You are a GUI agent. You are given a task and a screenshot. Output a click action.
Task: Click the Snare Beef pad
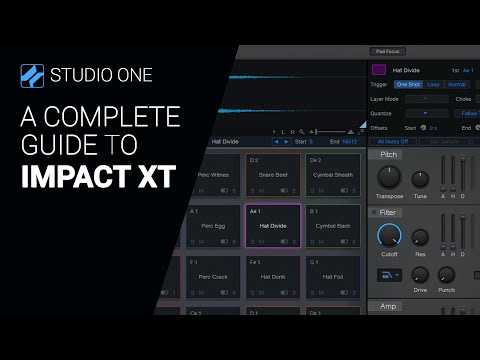(273, 173)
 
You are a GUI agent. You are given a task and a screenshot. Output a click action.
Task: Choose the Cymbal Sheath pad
(334, 173)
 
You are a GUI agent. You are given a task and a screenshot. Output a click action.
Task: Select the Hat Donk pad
(273, 276)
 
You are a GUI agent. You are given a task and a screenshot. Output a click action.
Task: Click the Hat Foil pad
(334, 276)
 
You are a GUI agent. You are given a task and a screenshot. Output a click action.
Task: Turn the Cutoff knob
(389, 236)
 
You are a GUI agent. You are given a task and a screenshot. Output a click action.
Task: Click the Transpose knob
(389, 177)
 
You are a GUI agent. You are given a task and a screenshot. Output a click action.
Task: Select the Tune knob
(421, 178)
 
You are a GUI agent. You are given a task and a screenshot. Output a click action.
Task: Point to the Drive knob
(421, 274)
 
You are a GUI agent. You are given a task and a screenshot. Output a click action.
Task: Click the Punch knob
(447, 274)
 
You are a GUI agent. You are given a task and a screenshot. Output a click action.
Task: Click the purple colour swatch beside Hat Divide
(380, 71)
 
